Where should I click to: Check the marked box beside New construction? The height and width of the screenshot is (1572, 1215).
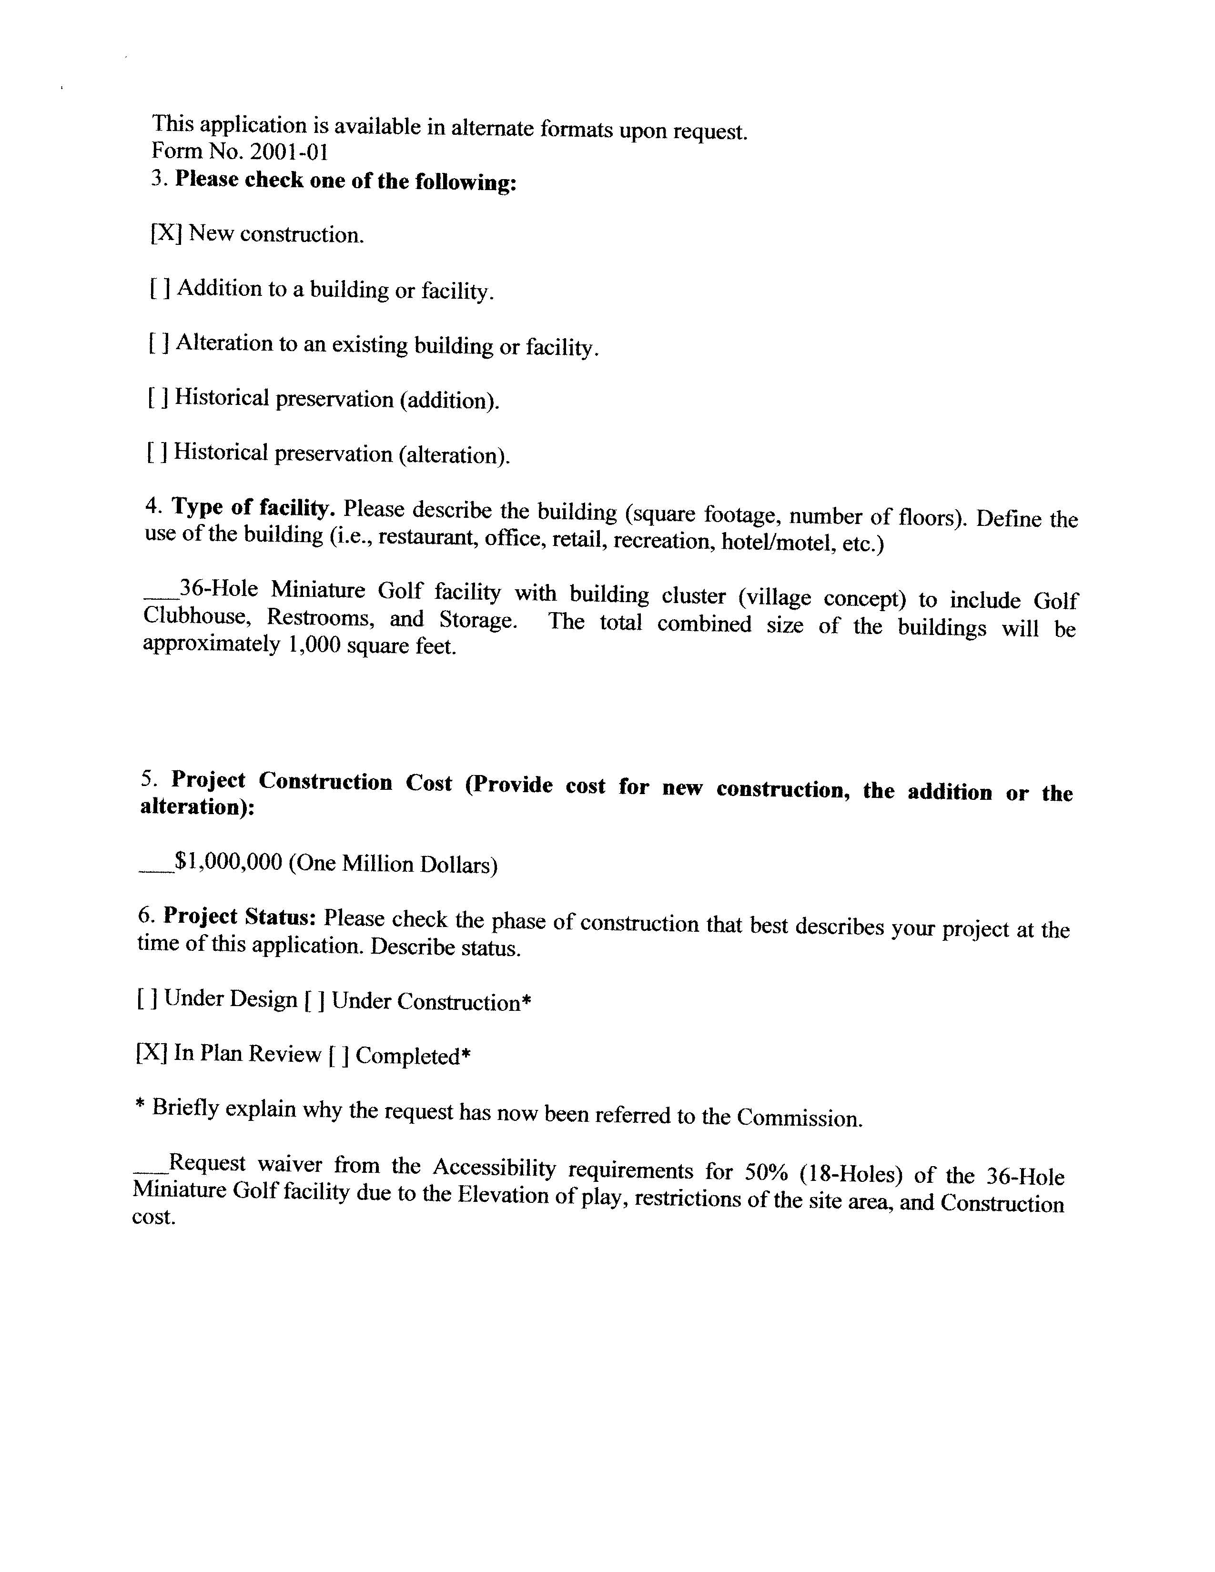[165, 233]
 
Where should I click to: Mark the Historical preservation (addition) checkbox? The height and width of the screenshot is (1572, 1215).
[158, 397]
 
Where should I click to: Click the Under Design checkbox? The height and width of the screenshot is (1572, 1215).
[147, 999]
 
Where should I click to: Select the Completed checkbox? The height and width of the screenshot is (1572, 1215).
[338, 1056]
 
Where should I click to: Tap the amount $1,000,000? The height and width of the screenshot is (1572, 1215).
[229, 862]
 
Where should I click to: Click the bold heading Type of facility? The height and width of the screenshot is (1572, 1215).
[253, 508]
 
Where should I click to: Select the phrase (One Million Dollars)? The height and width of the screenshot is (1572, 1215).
[393, 864]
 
